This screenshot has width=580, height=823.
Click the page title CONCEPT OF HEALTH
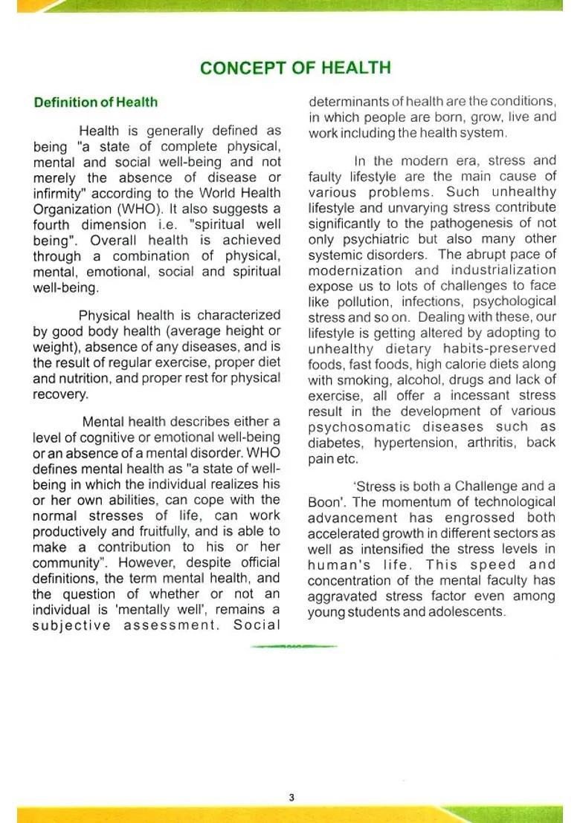(x=295, y=68)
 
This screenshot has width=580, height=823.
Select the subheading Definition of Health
(x=95, y=103)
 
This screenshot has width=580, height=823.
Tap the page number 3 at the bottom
(x=291, y=798)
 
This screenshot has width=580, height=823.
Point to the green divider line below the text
(x=294, y=646)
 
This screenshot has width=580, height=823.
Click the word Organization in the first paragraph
(x=69, y=209)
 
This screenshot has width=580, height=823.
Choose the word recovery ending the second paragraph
(x=59, y=394)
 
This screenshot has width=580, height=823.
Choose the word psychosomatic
(x=360, y=427)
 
